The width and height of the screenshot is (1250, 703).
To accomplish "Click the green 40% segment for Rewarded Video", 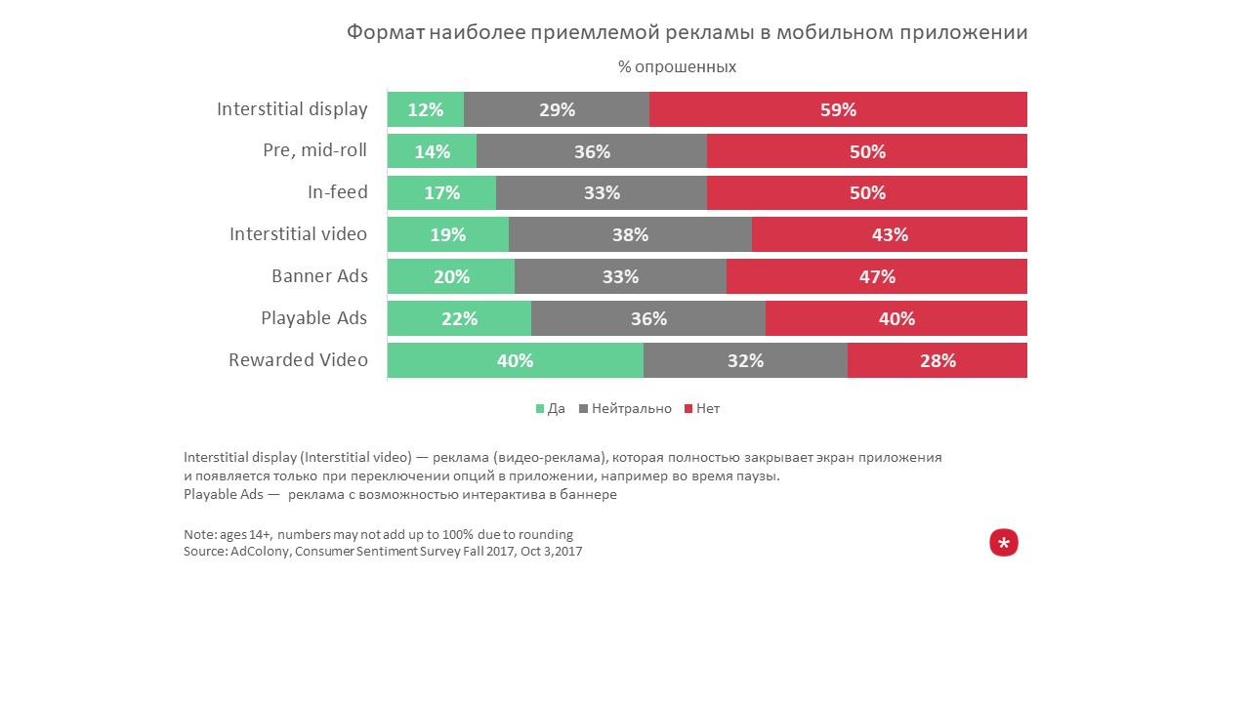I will pos(515,360).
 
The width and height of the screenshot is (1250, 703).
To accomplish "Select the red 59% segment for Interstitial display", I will pos(838,109).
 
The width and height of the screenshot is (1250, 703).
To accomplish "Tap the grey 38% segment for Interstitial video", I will pos(630,234).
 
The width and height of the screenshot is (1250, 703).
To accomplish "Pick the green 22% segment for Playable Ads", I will pos(459,318).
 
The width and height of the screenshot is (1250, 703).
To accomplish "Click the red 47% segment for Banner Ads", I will pos(877,276).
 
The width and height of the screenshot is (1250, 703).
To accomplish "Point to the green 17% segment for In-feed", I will pos(441,193).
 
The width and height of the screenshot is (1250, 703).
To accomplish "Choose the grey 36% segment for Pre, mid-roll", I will pos(592,151).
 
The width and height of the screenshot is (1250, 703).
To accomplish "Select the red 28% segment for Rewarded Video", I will pos(937,360).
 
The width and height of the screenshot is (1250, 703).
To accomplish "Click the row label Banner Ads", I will pos(319,276).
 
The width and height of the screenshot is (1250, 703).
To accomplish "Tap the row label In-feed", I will pos(337,192).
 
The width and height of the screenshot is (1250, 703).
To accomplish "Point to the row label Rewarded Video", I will pos(298,360).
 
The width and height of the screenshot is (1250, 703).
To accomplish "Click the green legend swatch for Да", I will pos(540,409).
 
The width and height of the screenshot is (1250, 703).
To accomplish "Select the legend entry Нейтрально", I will pos(631,409).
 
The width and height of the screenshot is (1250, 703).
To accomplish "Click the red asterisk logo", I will pos(1004,543).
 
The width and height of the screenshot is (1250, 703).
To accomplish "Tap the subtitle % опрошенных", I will pos(677,67).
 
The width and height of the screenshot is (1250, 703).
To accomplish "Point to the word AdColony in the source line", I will pos(260,552).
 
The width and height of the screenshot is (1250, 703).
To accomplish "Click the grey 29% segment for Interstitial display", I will pos(557,109).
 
